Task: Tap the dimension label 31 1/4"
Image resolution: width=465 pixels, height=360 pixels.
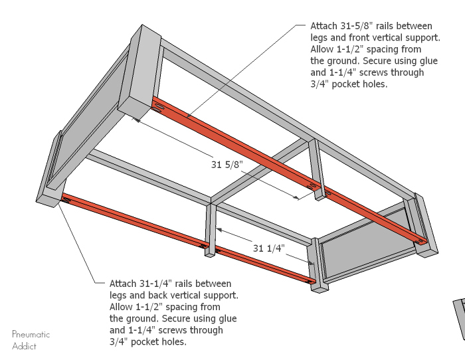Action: pos(268,248)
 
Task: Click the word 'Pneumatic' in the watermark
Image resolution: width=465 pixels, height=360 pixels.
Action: pos(31,335)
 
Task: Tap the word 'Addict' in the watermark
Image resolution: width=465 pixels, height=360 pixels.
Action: pos(25,346)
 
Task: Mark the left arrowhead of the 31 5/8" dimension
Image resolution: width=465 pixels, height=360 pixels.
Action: pos(136,120)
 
